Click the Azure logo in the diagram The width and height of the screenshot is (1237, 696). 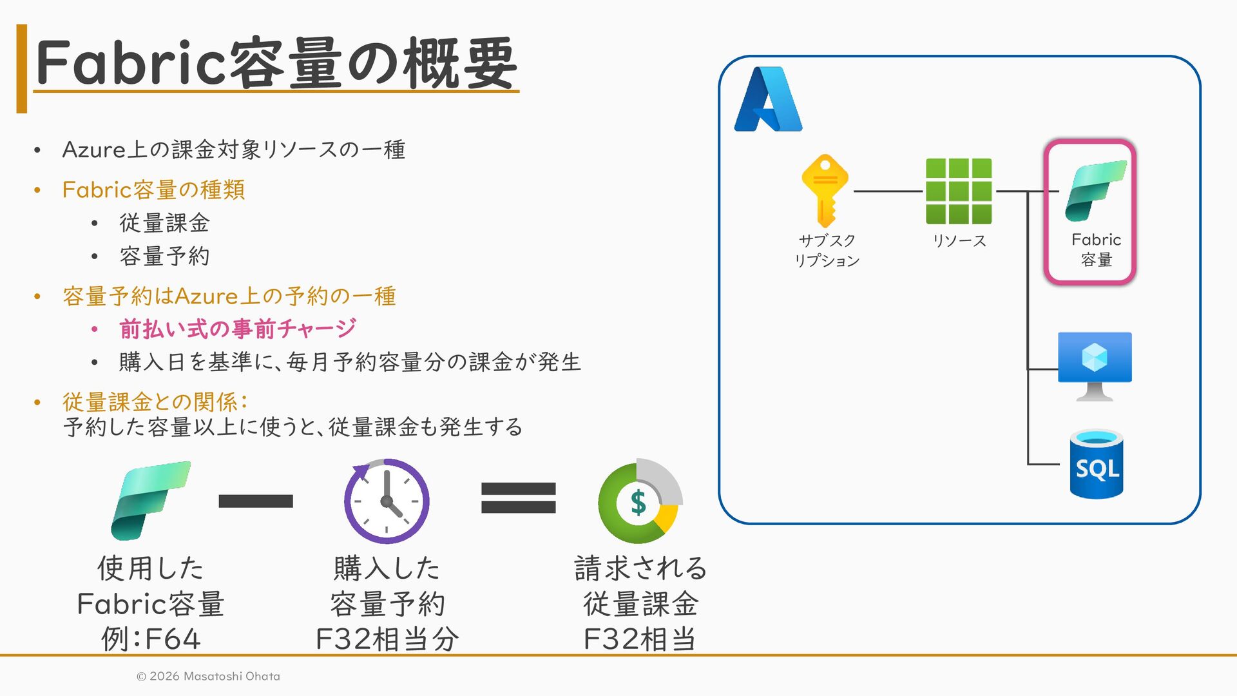[x=768, y=99]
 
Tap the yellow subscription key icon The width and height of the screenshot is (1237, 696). [x=825, y=190]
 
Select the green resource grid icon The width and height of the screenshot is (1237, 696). [x=959, y=191]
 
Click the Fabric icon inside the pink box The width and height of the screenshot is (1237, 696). [x=1095, y=191]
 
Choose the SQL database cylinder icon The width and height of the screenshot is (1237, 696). [x=1097, y=464]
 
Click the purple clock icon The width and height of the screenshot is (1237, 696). [x=387, y=501]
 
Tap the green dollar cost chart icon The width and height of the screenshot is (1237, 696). [x=640, y=501]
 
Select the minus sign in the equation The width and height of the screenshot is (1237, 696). [x=256, y=501]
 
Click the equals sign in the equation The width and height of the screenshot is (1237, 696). [x=518, y=498]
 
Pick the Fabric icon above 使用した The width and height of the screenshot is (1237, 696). [x=151, y=500]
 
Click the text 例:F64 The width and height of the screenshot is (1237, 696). [x=151, y=639]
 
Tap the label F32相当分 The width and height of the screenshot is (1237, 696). [x=387, y=639]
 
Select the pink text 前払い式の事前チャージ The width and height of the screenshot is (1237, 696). [x=237, y=329]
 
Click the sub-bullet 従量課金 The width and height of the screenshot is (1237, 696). [x=164, y=223]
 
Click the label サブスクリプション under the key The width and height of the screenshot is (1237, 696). [x=827, y=250]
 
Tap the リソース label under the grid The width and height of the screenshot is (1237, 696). [x=959, y=240]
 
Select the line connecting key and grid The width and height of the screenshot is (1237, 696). [x=888, y=191]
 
